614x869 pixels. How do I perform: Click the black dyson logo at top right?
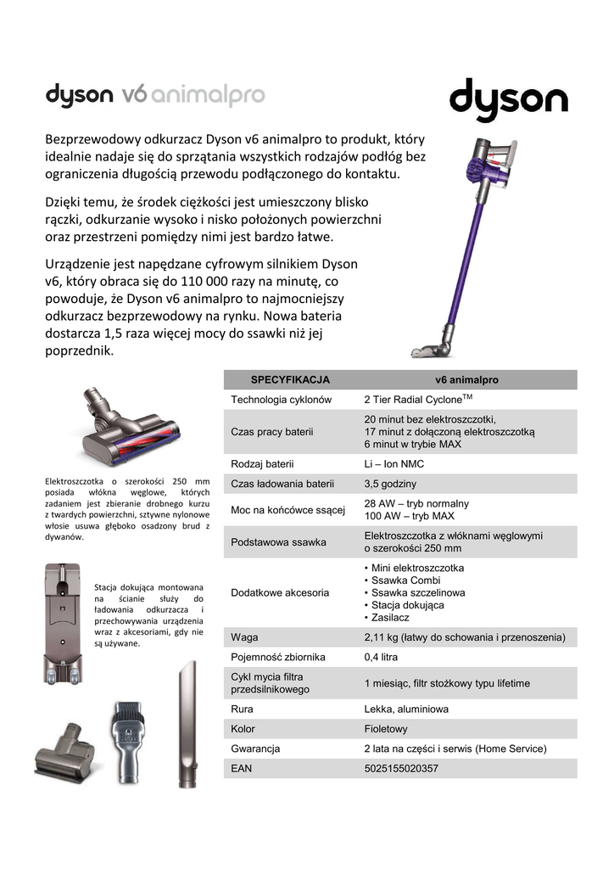(508, 102)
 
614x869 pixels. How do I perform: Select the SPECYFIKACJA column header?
(290, 379)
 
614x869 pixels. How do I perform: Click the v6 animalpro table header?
(466, 379)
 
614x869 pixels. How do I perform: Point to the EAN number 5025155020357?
(401, 768)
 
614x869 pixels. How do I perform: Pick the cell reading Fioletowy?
(386, 729)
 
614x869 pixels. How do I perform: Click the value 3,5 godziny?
(390, 484)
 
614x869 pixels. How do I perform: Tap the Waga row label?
(244, 636)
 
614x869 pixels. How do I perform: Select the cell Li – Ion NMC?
(394, 464)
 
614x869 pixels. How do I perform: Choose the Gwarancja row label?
(255, 748)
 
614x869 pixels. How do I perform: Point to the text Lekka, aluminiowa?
(406, 709)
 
